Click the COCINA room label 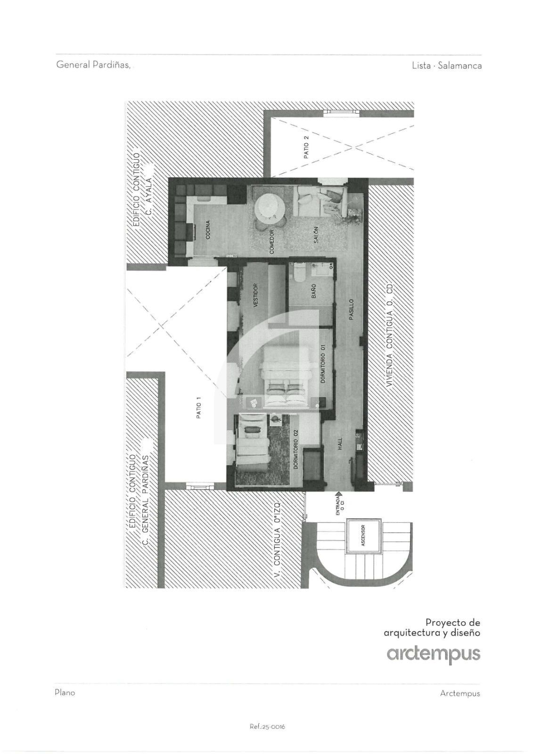[208, 229]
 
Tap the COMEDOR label [272, 241]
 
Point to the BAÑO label [313, 292]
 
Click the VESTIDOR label [255, 296]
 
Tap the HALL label [340, 444]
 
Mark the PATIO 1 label [199, 408]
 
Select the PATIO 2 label [306, 147]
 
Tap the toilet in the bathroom [299, 271]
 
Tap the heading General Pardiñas [93, 65]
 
